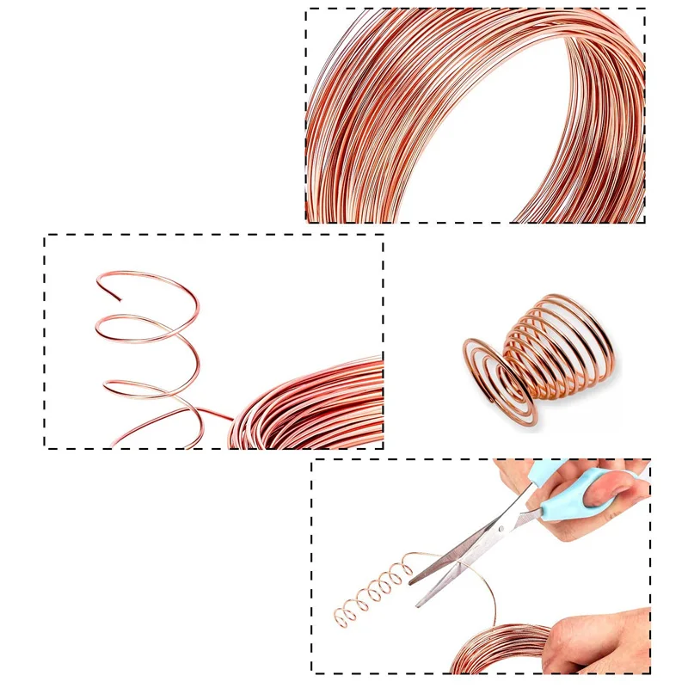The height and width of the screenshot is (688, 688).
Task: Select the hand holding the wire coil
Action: [602, 636]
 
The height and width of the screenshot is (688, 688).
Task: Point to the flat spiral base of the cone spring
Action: [499, 378]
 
